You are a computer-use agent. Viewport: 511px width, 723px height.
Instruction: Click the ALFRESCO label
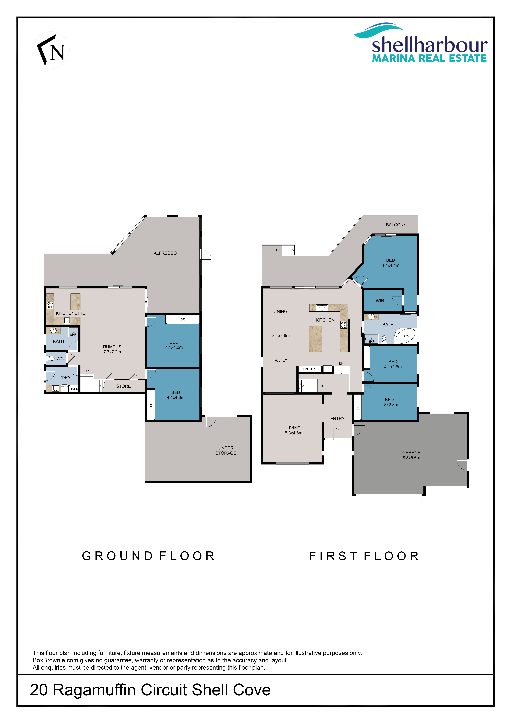pos(165,253)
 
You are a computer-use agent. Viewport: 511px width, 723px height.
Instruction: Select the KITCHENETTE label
pos(70,313)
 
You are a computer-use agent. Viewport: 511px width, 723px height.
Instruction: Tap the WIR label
pos(380,301)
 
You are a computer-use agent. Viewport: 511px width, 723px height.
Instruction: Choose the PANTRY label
pos(309,369)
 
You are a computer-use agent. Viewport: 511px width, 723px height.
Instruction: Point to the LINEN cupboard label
pos(74,389)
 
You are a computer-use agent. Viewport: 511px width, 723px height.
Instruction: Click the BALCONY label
pos(396,225)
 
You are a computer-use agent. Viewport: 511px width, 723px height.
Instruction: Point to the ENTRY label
pos(337,418)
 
